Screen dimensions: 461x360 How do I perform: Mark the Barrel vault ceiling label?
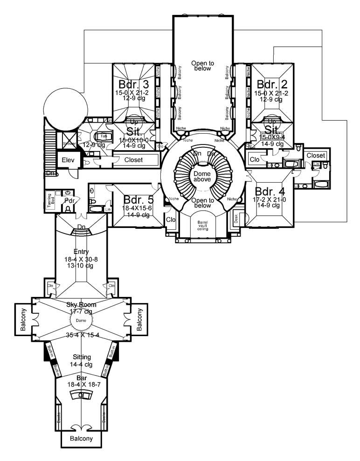click(202, 226)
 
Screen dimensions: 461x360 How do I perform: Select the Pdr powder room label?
click(70, 200)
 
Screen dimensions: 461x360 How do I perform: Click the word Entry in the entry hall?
click(81, 252)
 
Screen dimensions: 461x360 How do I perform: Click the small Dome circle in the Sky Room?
click(82, 321)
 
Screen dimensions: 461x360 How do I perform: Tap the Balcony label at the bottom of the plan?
click(81, 439)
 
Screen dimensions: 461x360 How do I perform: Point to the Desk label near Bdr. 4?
click(236, 218)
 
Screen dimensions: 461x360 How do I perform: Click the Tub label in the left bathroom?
click(104, 136)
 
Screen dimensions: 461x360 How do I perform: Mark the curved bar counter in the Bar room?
click(82, 394)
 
